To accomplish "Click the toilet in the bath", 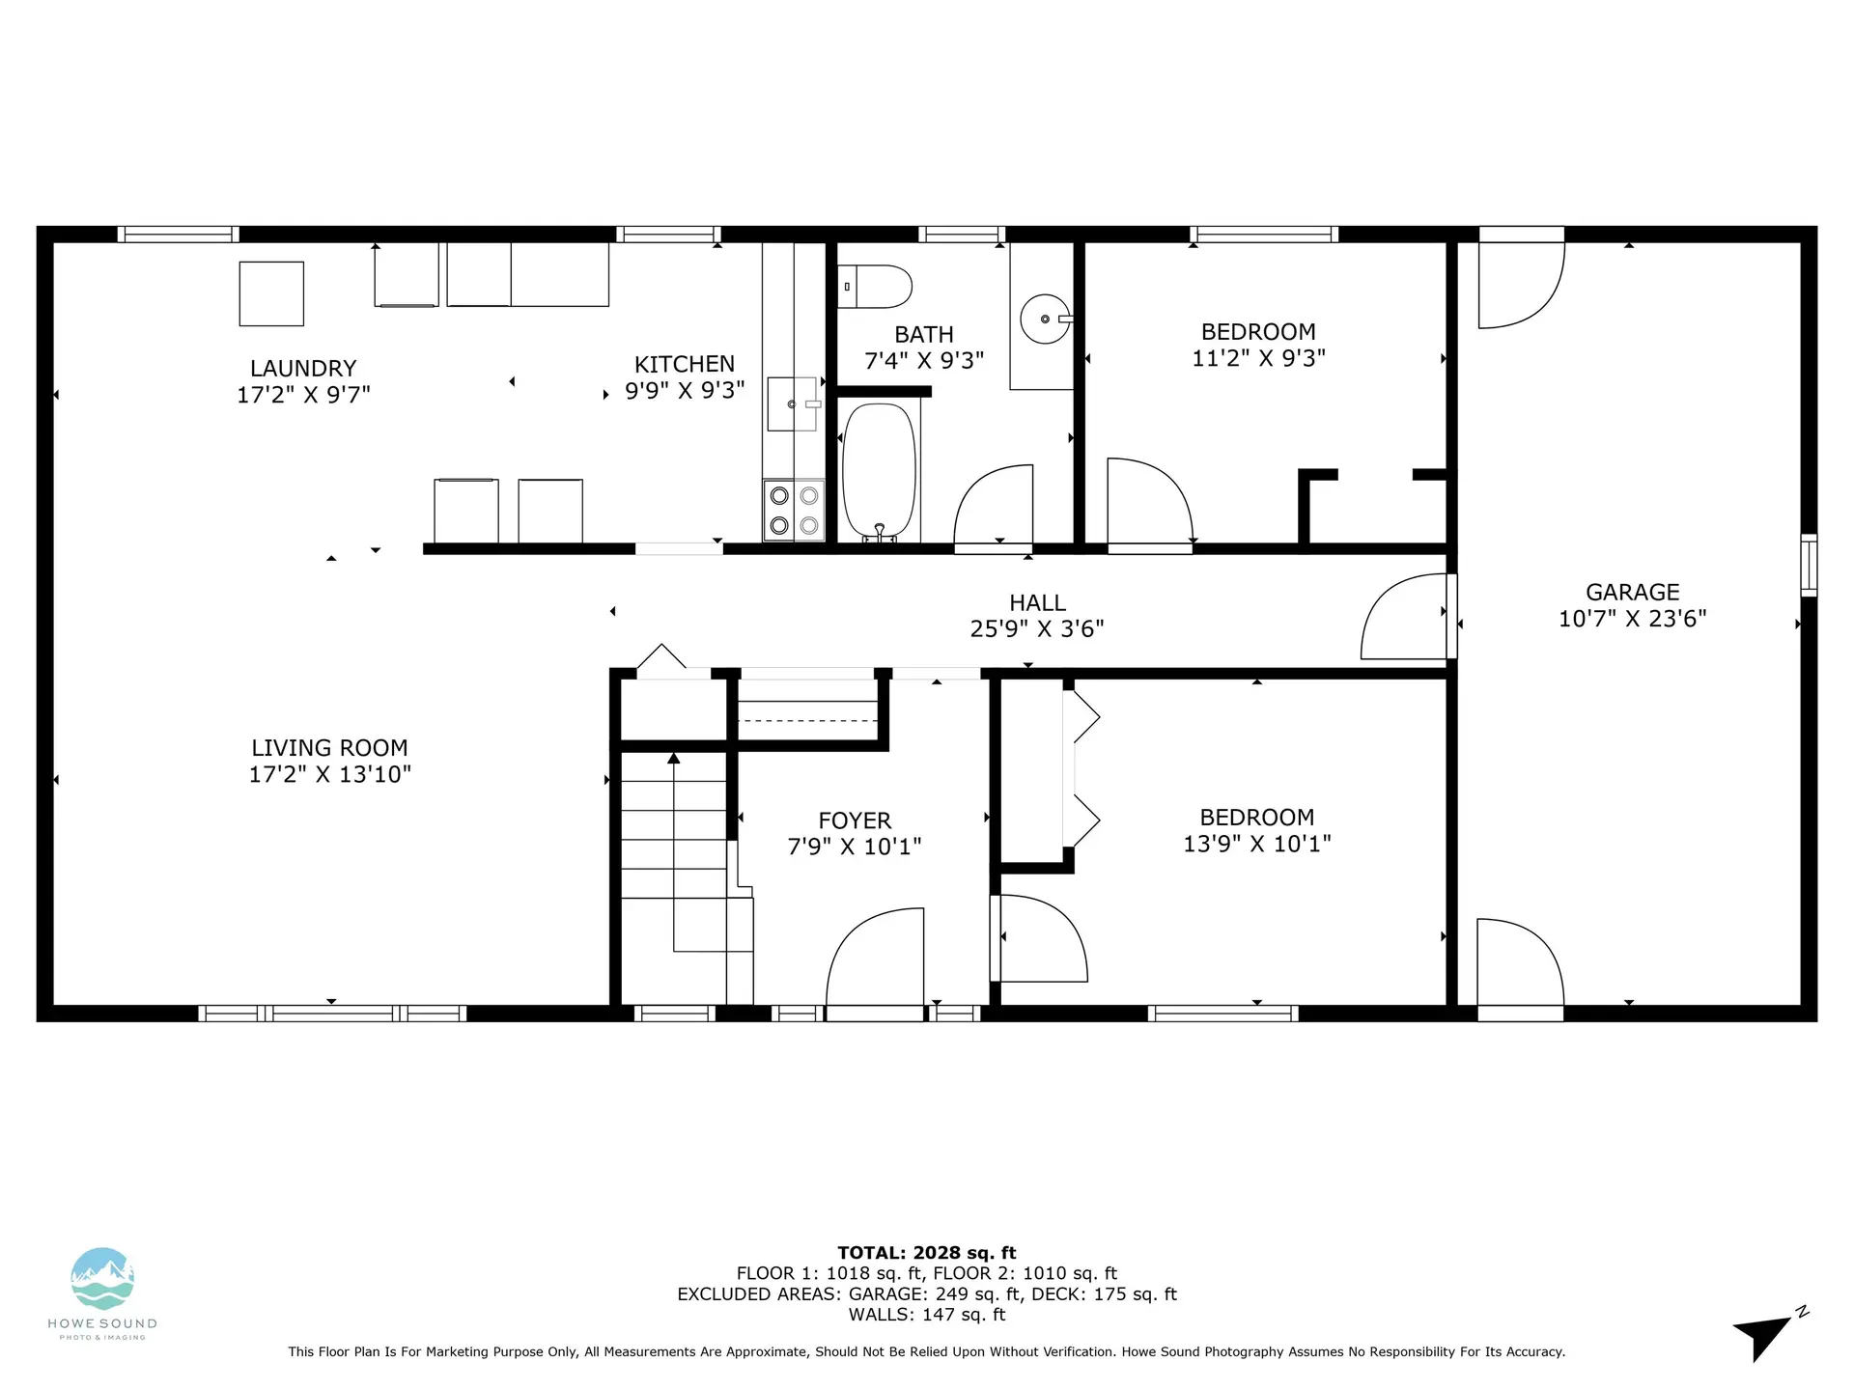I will pyautogui.click(x=875, y=287).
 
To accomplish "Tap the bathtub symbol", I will pyautogui.click(x=879, y=472).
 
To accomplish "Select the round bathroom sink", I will pyautogui.click(x=1045, y=319).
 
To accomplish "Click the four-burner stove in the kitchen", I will pyautogui.click(x=794, y=510).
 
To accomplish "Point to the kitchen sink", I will pyautogui.click(x=792, y=403).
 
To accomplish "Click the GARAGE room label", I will pyautogui.click(x=1632, y=592).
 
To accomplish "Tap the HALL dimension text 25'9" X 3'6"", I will pyautogui.click(x=1036, y=628).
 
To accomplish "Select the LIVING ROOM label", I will pyautogui.click(x=329, y=747).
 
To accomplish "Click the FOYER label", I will pyautogui.click(x=854, y=820).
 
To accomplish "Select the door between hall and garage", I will pyautogui.click(x=1405, y=618).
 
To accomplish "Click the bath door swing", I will pyautogui.click(x=995, y=507).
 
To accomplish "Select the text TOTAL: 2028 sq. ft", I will pyautogui.click(x=926, y=1253).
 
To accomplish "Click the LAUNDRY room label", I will pyautogui.click(x=303, y=368).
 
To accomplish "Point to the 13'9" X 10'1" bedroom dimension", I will pyautogui.click(x=1256, y=844).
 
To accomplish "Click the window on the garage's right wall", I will pyautogui.click(x=1809, y=565).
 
